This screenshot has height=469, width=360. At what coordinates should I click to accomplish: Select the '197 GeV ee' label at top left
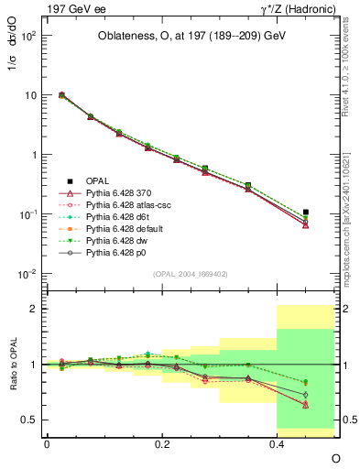tap(74, 9)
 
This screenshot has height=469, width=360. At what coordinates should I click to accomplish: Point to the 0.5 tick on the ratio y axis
tap(30, 420)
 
